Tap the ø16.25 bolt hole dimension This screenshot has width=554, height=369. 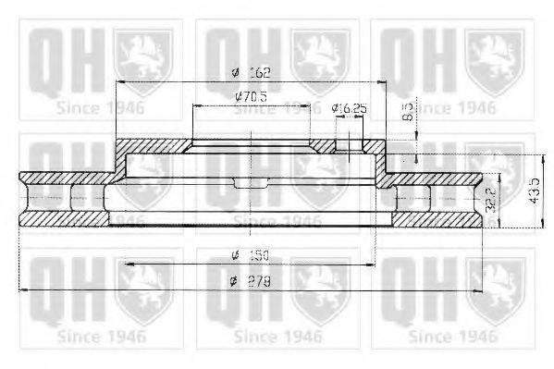click(350, 108)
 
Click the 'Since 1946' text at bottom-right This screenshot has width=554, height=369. click(451, 337)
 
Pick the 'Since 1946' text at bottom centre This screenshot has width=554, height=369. click(276, 337)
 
